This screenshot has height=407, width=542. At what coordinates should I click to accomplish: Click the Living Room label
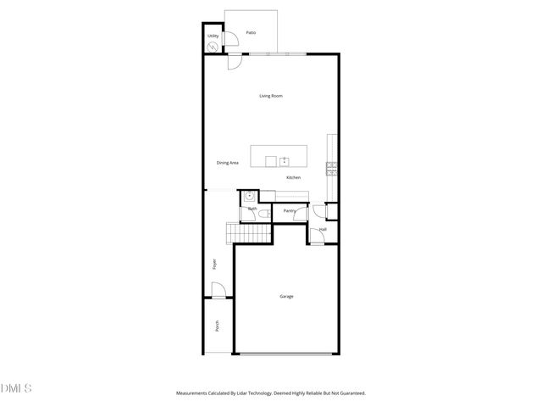(271, 96)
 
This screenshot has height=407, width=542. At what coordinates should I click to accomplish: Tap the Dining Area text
(227, 162)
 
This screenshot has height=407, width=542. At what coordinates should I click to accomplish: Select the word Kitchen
(293, 177)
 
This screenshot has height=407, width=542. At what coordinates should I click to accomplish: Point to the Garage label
(286, 296)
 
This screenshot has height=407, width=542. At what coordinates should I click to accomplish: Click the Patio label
(252, 32)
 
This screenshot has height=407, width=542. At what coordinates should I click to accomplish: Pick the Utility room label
(213, 36)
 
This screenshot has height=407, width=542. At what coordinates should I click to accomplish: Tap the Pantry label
(289, 210)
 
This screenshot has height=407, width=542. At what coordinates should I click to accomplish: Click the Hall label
(323, 229)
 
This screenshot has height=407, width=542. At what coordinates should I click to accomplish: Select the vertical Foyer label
(214, 265)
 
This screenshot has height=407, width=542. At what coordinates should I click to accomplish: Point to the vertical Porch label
(217, 326)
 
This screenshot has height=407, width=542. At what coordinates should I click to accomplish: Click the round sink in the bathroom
(251, 196)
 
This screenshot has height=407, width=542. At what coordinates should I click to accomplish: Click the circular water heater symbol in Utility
(212, 47)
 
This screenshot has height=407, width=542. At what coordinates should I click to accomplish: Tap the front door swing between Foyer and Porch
(218, 292)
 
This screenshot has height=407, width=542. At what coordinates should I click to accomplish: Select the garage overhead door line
(286, 354)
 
